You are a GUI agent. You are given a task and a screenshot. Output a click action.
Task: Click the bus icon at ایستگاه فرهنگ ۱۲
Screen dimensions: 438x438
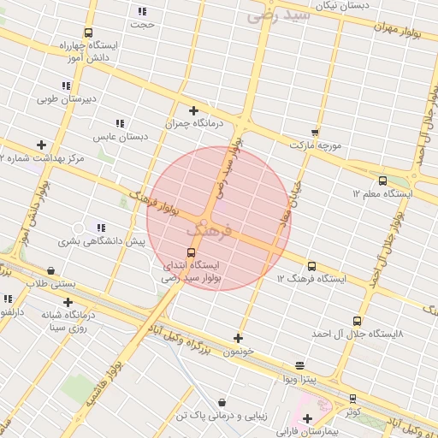tap(311, 266)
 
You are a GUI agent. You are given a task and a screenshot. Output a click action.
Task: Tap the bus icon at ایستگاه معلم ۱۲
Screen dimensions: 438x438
tap(382, 181)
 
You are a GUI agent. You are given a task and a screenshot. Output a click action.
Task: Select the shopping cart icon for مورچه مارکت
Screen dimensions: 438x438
tap(315, 133)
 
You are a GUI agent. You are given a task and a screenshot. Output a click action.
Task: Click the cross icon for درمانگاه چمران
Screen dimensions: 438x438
tap(194, 110)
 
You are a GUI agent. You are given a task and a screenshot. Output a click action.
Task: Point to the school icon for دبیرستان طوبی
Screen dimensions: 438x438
tap(66, 86)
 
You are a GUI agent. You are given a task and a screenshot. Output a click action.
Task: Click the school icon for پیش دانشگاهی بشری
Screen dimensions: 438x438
tap(101, 228)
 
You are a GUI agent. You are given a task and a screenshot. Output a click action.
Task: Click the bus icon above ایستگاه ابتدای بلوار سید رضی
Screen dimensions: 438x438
tap(190, 252)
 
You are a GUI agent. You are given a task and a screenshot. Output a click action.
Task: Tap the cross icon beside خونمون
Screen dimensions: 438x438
tap(239, 339)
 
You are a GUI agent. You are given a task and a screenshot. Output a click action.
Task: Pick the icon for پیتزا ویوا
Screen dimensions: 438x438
tap(299, 365)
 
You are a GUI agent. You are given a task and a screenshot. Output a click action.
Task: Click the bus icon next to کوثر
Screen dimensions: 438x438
tap(352, 399)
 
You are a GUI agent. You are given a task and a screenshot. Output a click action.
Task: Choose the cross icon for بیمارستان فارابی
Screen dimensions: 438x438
tap(307, 418)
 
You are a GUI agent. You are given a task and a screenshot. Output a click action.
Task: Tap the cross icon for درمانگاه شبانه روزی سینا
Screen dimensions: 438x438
tap(68, 302)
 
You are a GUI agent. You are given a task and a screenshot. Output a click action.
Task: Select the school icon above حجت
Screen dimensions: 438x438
tap(142, 11)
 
